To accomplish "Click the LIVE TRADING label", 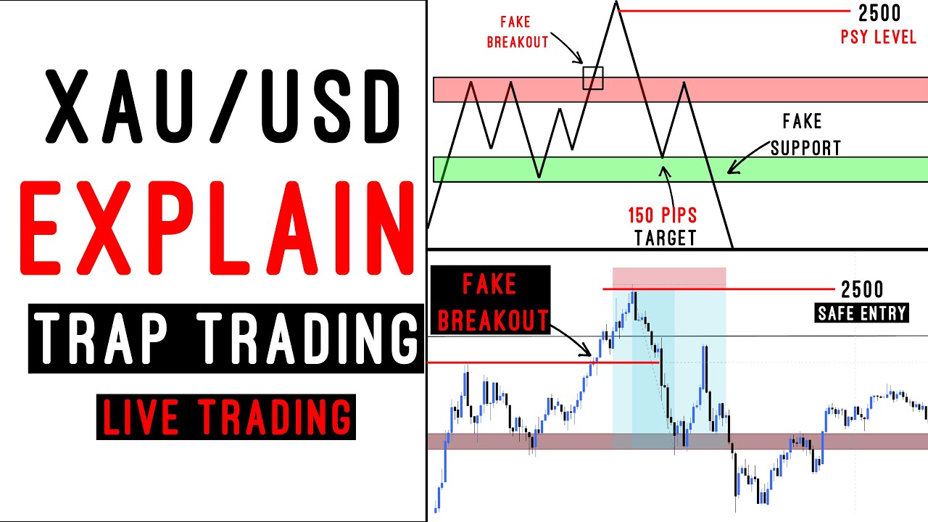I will (226, 417).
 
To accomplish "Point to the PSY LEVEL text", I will (878, 37).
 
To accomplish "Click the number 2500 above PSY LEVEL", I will (879, 13).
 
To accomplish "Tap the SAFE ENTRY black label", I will (861, 313).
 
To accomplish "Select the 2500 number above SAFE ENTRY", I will (862, 290).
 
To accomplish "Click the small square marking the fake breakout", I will (593, 78).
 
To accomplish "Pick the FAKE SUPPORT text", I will (804, 135).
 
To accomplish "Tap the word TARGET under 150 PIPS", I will (665, 237).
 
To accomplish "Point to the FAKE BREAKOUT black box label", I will (490, 299).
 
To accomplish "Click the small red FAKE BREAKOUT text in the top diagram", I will (517, 32).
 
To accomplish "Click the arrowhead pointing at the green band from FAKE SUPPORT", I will (730, 171).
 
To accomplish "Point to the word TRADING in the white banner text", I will (310, 339).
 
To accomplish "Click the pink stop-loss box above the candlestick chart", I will (669, 277).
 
